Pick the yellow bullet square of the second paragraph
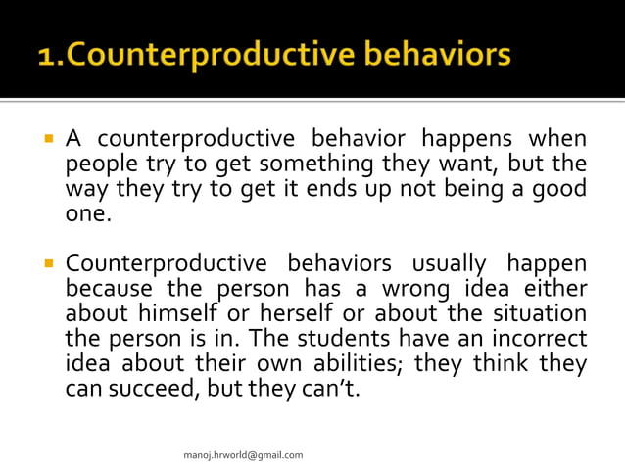click(x=46, y=264)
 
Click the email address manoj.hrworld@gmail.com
click(x=244, y=454)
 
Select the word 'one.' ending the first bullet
click(x=88, y=212)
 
